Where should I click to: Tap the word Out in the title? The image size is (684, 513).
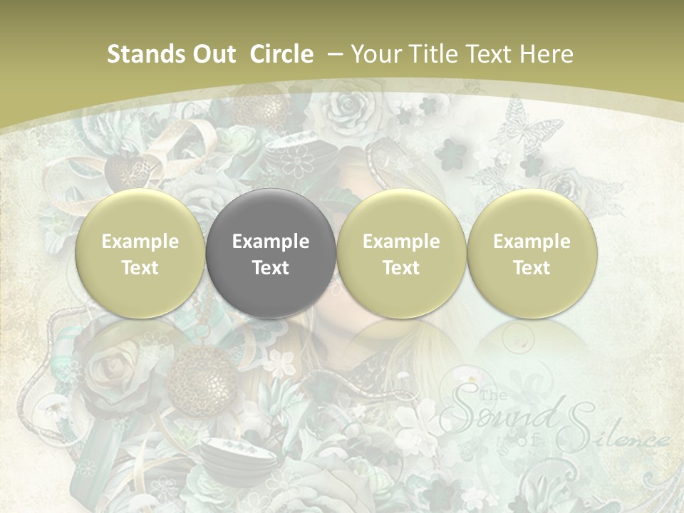pyautogui.click(x=212, y=54)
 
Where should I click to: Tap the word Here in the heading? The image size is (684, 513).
pyautogui.click(x=548, y=54)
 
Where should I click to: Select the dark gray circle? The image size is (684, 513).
pyautogui.click(x=271, y=253)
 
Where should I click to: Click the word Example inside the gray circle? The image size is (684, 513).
pyautogui.click(x=271, y=242)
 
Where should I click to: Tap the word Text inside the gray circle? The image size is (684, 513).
pyautogui.click(x=271, y=268)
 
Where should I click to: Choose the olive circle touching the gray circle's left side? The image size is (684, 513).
pyautogui.click(x=140, y=253)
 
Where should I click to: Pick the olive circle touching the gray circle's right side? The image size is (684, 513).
pyautogui.click(x=401, y=253)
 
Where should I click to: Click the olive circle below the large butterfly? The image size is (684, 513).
pyautogui.click(x=532, y=253)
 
